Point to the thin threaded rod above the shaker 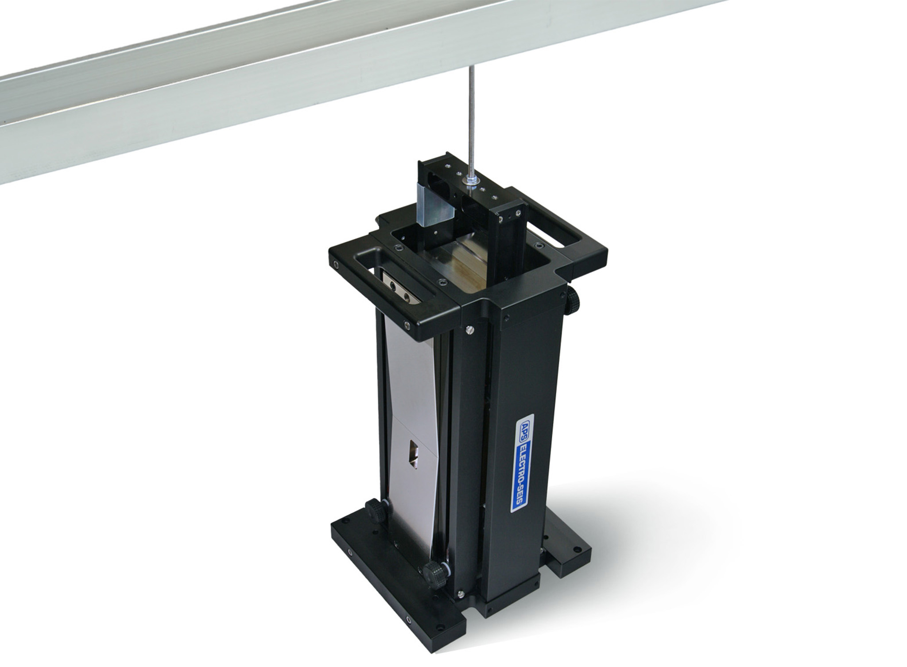coord(470,124)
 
